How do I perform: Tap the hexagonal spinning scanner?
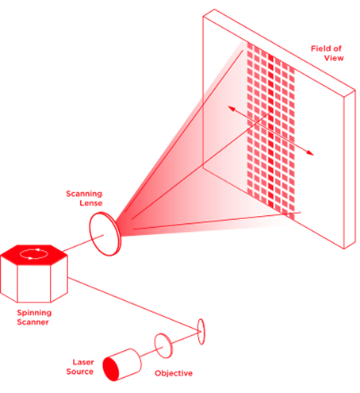[33, 275]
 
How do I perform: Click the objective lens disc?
[163, 345]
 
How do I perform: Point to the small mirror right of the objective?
[201, 330]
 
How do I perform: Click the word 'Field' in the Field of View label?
[321, 48]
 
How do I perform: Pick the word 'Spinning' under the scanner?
[34, 314]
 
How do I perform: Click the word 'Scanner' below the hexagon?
[34, 322]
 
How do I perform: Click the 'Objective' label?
[174, 372]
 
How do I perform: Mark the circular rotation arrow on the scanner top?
[32, 255]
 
